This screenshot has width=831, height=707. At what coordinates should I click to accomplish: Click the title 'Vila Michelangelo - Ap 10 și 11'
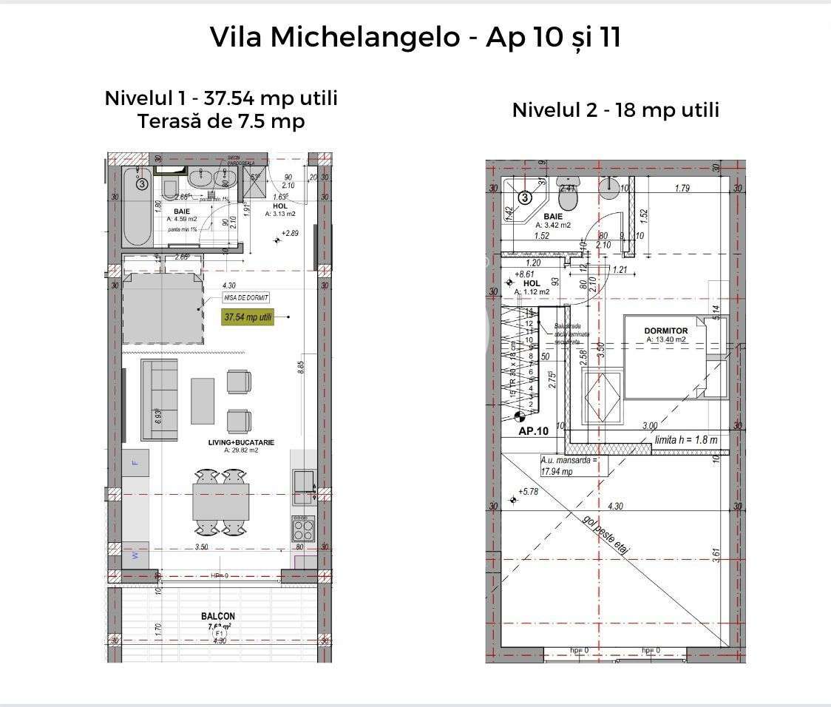tap(415, 37)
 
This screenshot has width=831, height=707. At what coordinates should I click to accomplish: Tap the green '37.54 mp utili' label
tap(248, 318)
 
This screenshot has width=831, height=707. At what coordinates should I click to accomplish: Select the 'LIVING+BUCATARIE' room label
tap(241, 442)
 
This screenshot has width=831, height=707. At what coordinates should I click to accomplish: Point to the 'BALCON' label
tap(218, 616)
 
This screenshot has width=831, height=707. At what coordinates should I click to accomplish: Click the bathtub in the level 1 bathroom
tap(138, 207)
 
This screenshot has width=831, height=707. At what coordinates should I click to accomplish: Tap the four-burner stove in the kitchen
tap(303, 530)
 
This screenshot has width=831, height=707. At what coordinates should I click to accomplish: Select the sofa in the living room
tap(160, 399)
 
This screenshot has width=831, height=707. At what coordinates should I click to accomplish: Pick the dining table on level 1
tap(220, 501)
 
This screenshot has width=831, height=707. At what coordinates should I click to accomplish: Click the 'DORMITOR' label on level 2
tap(666, 331)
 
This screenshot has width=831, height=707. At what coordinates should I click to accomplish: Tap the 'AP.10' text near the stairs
tap(534, 431)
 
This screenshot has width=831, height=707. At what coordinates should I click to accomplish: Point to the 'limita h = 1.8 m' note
tap(686, 439)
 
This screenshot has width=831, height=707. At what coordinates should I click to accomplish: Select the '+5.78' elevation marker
tap(528, 492)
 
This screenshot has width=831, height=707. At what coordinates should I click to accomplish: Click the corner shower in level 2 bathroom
tap(520, 200)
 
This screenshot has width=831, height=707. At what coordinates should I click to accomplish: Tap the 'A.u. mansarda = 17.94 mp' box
tap(568, 465)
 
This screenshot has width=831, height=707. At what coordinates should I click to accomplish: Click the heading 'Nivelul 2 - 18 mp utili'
tap(615, 110)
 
